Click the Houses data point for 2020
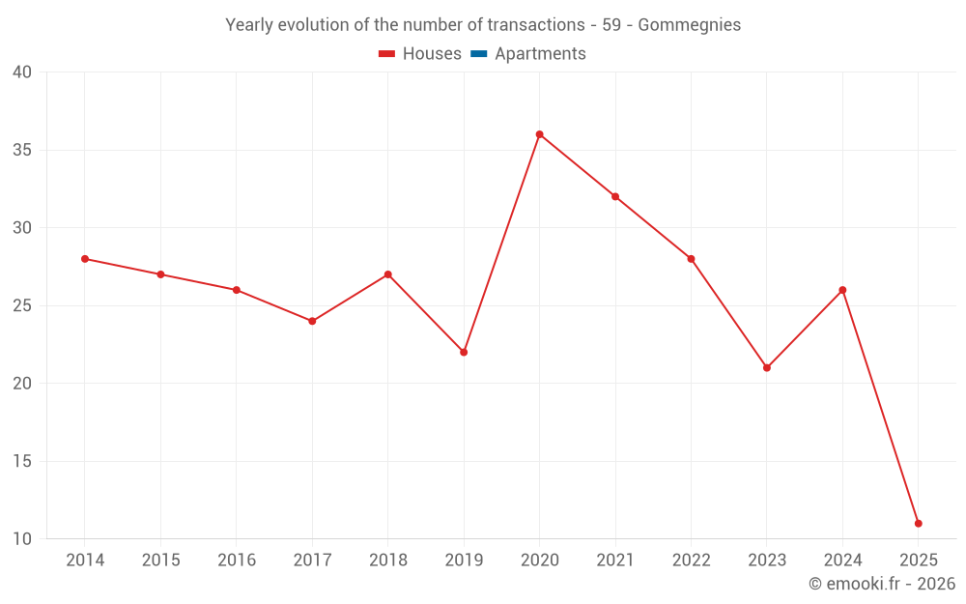click(x=539, y=134)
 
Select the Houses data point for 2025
click(x=918, y=523)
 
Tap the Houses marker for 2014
click(x=85, y=259)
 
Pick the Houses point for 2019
click(x=464, y=352)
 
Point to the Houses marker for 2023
click(x=767, y=367)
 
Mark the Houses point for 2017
click(x=312, y=321)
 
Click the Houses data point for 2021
click(x=615, y=196)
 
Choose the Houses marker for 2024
click(x=842, y=290)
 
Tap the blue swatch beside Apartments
click(x=478, y=54)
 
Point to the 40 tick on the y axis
click(x=22, y=72)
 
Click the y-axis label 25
click(x=22, y=305)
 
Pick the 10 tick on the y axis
click(x=22, y=538)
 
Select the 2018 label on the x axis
click(x=387, y=561)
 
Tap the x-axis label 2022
click(x=691, y=561)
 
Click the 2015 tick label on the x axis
click(x=160, y=561)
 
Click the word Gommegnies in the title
click(x=689, y=25)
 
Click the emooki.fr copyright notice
click(x=881, y=584)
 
